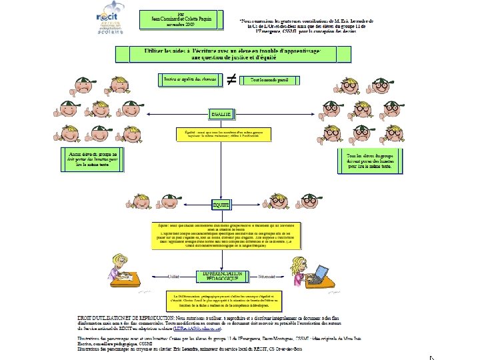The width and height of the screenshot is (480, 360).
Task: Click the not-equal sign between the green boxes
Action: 230,79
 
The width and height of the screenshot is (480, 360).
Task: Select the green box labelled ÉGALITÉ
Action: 221,115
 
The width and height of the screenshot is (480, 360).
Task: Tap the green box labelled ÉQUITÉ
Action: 221,205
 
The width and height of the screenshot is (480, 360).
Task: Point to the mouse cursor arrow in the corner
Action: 469,357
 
